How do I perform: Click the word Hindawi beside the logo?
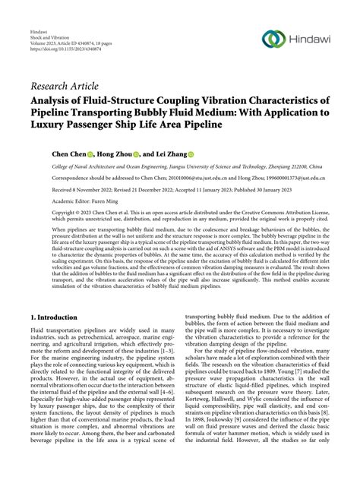click(310, 38)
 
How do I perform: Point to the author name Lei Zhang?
click(188, 153)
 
